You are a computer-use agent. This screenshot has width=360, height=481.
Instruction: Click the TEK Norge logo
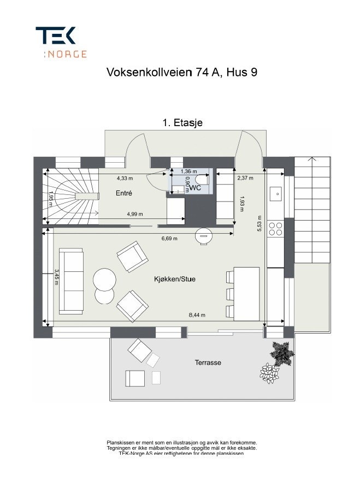pyautogui.click(x=60, y=42)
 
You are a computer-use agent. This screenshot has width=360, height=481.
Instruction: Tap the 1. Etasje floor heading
pyautogui.click(x=182, y=123)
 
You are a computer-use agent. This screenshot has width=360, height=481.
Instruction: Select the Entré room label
pyautogui.click(x=124, y=193)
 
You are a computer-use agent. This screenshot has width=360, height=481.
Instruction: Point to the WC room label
pyautogui.click(x=195, y=188)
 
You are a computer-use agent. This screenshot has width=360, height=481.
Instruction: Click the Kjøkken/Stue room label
pyautogui.click(x=175, y=279)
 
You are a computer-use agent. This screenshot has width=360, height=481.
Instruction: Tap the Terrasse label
pyautogui.click(x=208, y=363)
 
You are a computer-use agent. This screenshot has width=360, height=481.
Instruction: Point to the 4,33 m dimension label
pyautogui.click(x=125, y=178)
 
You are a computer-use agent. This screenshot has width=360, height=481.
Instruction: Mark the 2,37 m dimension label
pyautogui.click(x=245, y=178)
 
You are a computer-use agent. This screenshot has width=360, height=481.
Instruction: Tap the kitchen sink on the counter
pyautogui.click(x=276, y=193)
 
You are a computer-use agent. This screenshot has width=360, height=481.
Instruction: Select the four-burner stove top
pyautogui.click(x=276, y=228)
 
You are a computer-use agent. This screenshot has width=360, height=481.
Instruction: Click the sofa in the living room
pyautogui.click(x=70, y=281)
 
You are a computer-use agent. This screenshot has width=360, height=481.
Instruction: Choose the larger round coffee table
pyautogui.click(x=104, y=280)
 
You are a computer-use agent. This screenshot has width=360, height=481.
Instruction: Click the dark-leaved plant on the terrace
pyautogui.click(x=281, y=352)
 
